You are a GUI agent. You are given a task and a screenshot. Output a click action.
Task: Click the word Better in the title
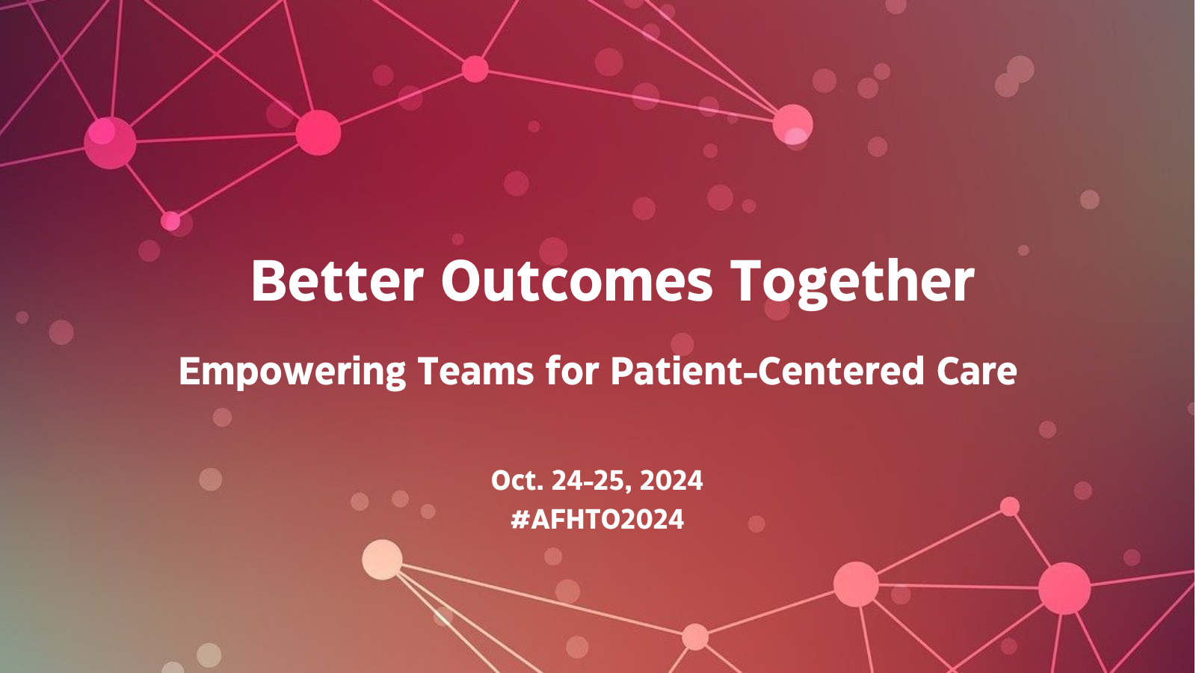point(336,281)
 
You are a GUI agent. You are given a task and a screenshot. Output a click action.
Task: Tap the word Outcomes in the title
point(576,281)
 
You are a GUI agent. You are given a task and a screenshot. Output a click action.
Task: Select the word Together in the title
point(851,281)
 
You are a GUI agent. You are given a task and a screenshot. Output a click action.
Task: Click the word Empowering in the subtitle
point(292,372)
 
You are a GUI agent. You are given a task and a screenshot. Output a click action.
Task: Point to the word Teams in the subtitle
point(475,371)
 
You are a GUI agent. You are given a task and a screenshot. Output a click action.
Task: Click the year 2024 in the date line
point(671,480)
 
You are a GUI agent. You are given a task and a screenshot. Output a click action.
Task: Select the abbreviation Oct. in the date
point(517,480)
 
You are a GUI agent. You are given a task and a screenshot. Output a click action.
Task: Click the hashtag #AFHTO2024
point(597,519)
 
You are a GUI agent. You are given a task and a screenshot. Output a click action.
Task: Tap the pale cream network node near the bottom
point(382,559)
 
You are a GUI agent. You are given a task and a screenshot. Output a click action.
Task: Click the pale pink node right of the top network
point(792,123)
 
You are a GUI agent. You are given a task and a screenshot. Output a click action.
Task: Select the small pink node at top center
point(475,69)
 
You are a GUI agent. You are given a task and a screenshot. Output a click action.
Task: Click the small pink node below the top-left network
point(170,221)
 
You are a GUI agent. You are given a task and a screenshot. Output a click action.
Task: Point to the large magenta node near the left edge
point(110,142)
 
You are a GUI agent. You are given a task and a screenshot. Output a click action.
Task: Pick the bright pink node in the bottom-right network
point(1064,589)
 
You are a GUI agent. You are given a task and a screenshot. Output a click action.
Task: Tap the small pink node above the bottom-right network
point(1010,506)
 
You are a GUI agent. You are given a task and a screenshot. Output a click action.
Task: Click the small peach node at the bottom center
point(695,636)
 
